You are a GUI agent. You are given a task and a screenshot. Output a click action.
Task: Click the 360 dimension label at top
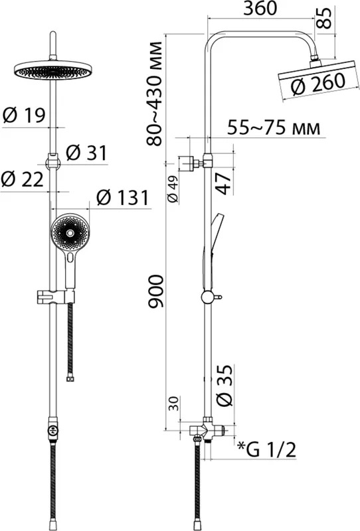[x=260, y=9]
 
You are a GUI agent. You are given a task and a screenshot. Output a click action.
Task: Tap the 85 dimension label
[x=325, y=18]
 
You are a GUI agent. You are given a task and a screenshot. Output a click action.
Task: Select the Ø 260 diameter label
[x=318, y=84]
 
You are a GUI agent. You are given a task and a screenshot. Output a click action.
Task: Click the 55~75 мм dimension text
[x=274, y=127]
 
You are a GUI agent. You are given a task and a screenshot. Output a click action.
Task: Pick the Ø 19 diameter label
[x=24, y=115]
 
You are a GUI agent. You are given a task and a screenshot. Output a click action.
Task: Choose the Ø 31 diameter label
[x=86, y=153]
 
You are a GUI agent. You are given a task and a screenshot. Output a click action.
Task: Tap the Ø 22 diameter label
[x=23, y=179]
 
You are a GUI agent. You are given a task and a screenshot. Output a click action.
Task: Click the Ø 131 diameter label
[x=122, y=197]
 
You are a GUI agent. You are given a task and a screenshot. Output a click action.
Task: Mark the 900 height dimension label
[x=155, y=291]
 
